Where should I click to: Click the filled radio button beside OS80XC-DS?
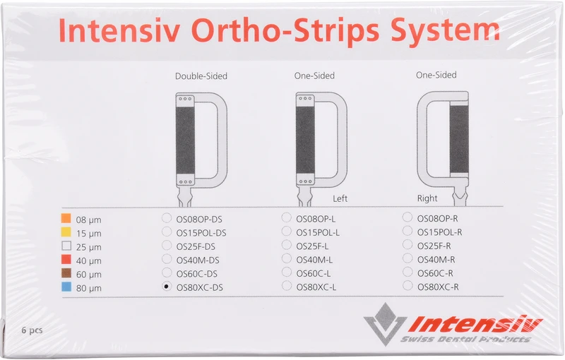coord(167,287)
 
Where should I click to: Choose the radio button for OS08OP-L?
coord(287,218)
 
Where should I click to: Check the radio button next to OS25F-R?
coord(408,245)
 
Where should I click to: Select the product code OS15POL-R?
coord(440,232)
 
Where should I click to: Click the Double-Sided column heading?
coord(201,76)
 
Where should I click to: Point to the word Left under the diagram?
coord(340,199)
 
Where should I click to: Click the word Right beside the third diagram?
coord(427,198)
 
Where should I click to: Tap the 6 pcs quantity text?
coord(32,330)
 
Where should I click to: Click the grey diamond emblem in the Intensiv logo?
coord(386,323)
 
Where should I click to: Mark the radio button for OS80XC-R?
coord(408,286)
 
